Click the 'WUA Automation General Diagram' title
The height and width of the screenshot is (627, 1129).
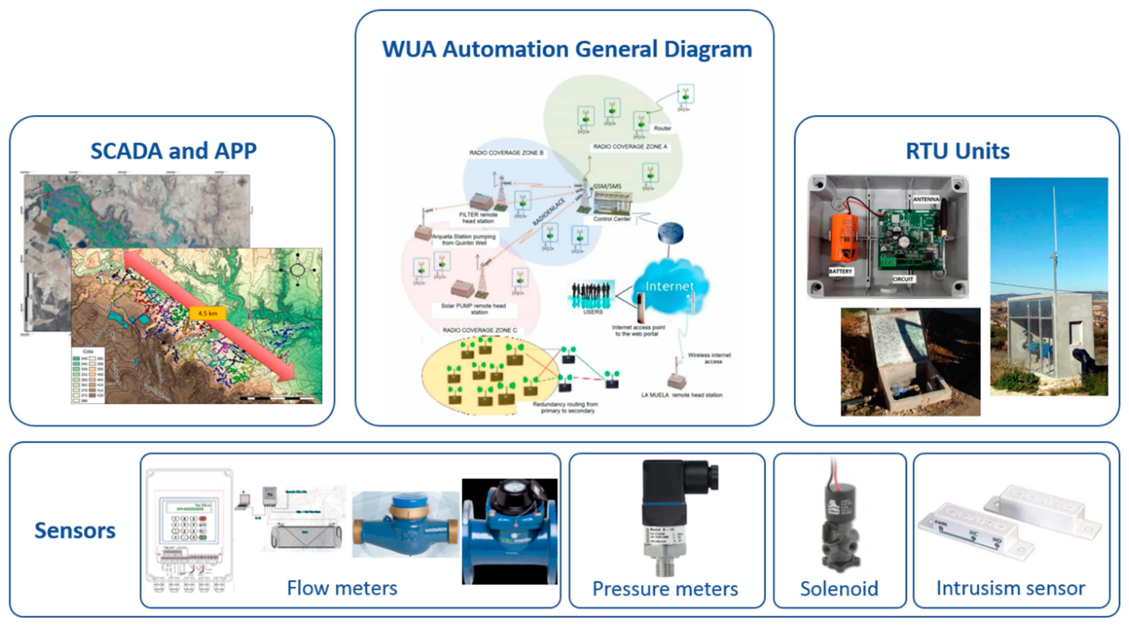[567, 49]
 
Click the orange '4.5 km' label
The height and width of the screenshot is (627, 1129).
[208, 313]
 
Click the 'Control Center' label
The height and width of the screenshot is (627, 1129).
[612, 219]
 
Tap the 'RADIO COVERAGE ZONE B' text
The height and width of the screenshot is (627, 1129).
[506, 152]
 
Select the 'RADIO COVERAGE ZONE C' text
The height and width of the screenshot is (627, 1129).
[479, 330]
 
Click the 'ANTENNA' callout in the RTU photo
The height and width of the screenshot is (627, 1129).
[926, 199]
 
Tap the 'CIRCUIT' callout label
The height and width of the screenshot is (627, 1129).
[902, 279]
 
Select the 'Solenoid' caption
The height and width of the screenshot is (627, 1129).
[839, 588]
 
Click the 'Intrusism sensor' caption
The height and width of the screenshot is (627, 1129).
[1010, 588]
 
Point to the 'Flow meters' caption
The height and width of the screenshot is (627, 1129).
[342, 588]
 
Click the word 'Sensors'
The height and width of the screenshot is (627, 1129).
[75, 530]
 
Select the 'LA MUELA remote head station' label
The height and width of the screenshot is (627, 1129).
[681, 395]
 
